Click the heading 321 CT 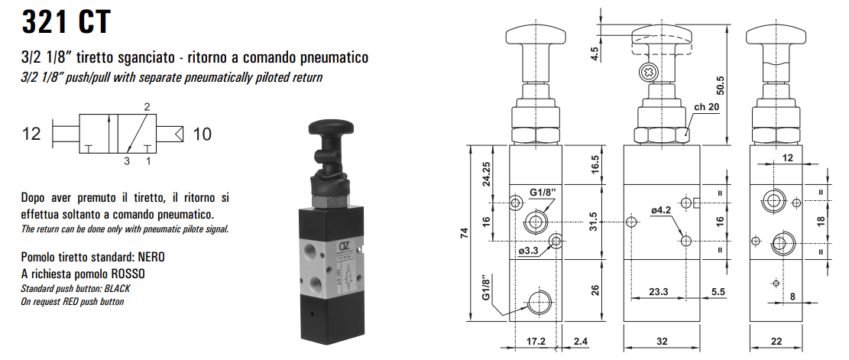pos(66,21)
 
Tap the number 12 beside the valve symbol pos(31,135)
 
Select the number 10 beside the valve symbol pos(202,135)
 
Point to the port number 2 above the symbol pos(146,106)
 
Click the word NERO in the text pos(150,258)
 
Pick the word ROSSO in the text pos(127,273)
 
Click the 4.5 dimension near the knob pos(595,54)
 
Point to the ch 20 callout pos(708,107)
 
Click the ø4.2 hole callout pos(662,209)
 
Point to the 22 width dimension pos(776,342)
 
